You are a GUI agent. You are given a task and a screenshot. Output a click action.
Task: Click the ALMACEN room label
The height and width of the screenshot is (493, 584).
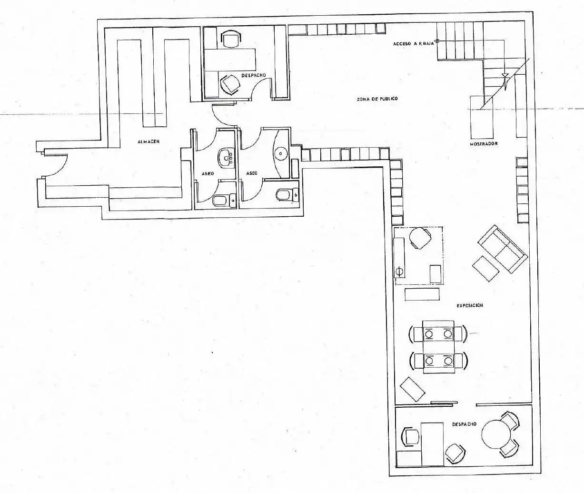[148, 141]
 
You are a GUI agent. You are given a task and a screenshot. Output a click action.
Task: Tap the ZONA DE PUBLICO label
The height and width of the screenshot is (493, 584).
[377, 99]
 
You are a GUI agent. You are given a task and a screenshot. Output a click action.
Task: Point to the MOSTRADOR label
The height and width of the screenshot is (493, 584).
[484, 144]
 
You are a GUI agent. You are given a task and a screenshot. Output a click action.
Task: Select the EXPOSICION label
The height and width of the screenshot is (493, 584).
[470, 305]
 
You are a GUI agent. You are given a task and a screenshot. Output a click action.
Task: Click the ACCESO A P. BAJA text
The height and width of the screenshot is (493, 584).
[414, 44]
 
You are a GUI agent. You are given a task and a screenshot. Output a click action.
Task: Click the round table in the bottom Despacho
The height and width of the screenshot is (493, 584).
[496, 434]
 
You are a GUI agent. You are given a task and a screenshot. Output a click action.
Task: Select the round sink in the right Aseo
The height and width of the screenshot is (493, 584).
[280, 154]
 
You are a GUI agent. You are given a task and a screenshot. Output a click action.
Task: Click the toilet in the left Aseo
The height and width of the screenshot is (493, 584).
[224, 200]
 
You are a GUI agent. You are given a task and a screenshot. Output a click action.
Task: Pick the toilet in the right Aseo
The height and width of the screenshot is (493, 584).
[287, 194]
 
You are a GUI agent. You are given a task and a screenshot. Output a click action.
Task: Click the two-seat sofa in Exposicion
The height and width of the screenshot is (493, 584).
[503, 249]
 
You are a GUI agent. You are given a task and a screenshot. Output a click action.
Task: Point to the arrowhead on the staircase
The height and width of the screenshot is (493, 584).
[505, 76]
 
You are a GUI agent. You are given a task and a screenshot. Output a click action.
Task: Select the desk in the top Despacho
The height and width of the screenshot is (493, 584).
[229, 60]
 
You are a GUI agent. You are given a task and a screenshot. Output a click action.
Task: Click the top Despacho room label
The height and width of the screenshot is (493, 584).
[253, 75]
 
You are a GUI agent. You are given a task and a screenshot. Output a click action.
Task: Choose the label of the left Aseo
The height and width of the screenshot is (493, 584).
[208, 173]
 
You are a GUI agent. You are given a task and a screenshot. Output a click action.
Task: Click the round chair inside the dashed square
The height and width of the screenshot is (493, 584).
[420, 237]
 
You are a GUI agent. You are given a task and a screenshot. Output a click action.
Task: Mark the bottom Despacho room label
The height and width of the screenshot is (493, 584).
[464, 424]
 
